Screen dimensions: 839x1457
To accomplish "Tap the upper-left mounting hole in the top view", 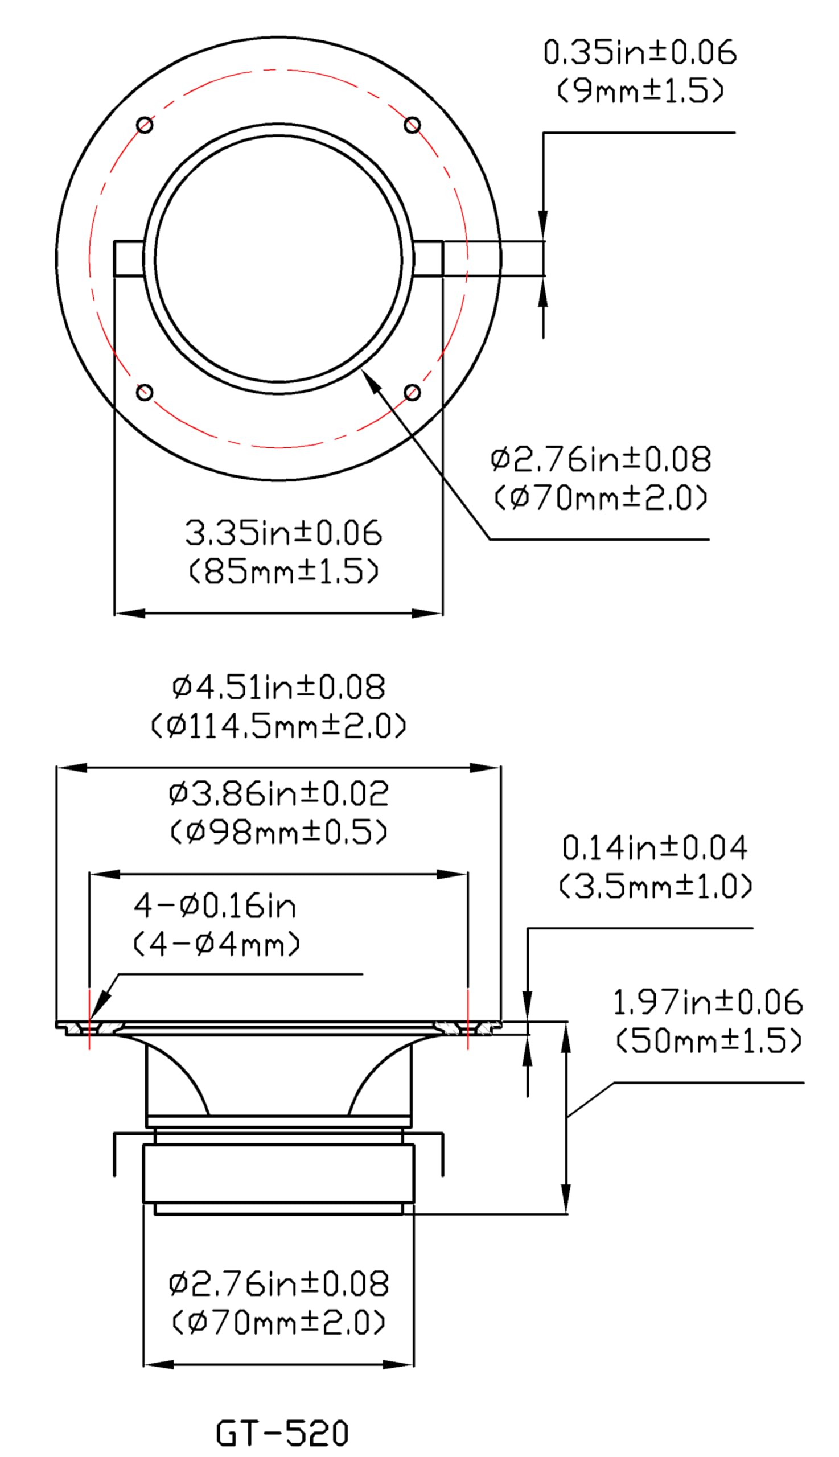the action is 145,125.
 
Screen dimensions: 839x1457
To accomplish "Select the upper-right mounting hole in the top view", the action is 412,125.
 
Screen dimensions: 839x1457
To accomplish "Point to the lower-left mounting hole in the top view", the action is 145,392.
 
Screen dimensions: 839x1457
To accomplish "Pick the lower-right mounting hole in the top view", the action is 412,392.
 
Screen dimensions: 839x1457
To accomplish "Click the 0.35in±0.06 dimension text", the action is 640,52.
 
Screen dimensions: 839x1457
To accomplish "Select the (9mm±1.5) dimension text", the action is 640,90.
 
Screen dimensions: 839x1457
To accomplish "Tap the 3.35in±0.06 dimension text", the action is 283,532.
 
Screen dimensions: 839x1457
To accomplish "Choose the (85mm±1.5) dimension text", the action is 283,571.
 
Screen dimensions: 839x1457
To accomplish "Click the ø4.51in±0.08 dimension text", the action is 279,687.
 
